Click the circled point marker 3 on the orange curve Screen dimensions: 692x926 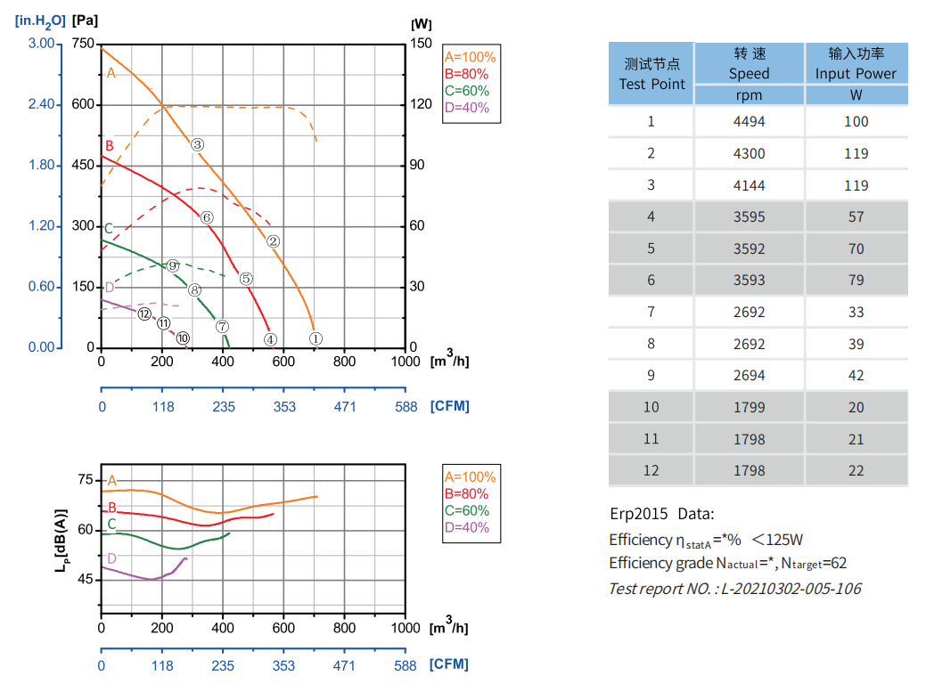click(x=198, y=144)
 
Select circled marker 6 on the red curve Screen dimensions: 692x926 click(x=207, y=217)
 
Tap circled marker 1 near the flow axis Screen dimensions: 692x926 click(x=315, y=338)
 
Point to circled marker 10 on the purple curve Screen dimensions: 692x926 click(x=183, y=338)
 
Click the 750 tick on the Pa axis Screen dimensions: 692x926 click(x=83, y=44)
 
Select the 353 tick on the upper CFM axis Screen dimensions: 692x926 click(x=284, y=406)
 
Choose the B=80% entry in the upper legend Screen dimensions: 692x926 click(x=466, y=74)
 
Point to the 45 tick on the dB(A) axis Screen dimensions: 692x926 click(x=85, y=580)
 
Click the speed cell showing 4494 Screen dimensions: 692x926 click(x=749, y=121)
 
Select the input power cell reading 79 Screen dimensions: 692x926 click(x=856, y=280)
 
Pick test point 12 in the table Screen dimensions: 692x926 click(x=651, y=470)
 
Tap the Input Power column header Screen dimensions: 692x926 click(x=856, y=63)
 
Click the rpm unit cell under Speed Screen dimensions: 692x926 click(x=749, y=95)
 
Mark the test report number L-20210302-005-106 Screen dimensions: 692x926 click(x=734, y=588)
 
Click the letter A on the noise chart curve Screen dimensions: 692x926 click(x=112, y=481)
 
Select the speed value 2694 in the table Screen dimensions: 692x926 click(x=749, y=375)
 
